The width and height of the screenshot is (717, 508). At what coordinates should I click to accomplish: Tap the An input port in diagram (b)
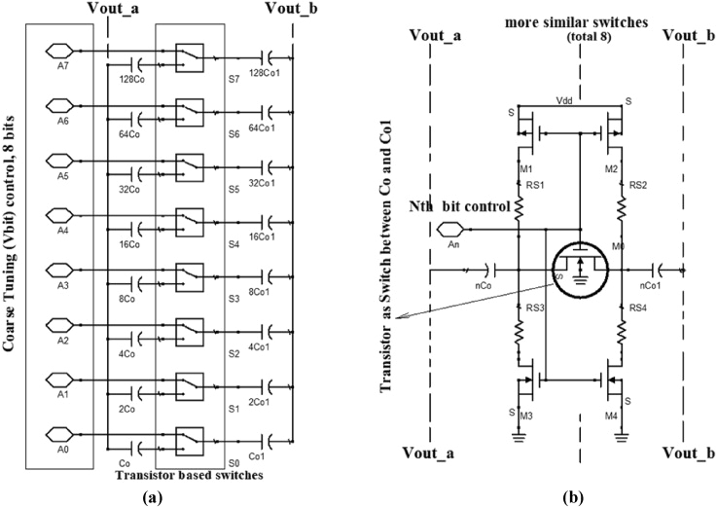point(450,231)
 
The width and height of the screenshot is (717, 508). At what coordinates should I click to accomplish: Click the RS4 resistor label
point(638,308)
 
